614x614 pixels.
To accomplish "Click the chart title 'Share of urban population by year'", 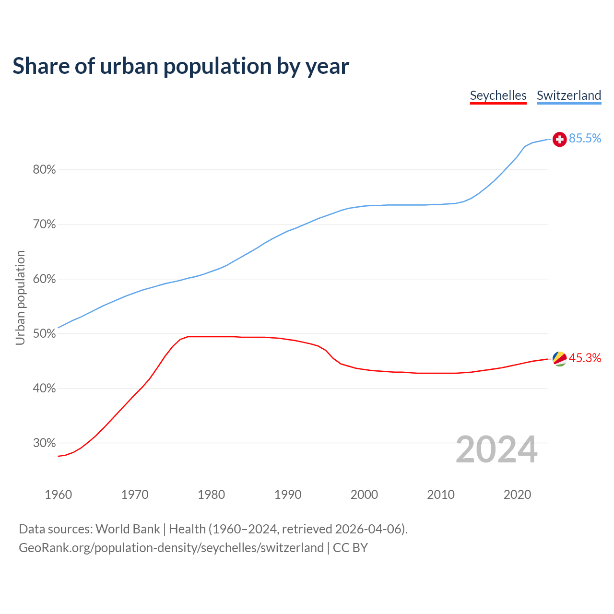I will click(181, 66).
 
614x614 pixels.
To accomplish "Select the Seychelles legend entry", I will click(498, 95).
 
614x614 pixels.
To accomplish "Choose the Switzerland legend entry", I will click(568, 95).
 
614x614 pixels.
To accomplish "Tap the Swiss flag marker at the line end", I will click(559, 139).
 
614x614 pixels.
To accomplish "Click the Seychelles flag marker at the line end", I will click(559, 358).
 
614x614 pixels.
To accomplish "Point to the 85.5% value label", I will click(585, 139).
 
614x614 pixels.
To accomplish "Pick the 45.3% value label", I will click(585, 358).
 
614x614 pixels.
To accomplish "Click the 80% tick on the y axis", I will click(44, 170).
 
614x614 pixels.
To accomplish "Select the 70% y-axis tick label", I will click(44, 224).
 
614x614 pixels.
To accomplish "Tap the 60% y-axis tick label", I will click(44, 279).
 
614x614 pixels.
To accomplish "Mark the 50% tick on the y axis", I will click(44, 334).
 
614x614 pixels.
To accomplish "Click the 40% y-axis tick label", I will click(44, 389).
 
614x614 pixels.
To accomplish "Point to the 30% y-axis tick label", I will click(44, 443).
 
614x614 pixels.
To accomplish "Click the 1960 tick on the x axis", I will click(58, 495).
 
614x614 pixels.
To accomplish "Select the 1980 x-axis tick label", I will click(211, 495).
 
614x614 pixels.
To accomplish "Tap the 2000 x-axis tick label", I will click(364, 495).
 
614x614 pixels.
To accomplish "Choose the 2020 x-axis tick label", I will click(517, 495).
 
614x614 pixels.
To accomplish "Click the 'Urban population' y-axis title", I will click(20, 297).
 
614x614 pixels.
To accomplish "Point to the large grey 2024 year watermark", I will click(496, 449).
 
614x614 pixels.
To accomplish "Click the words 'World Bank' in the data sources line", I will click(128, 529).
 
